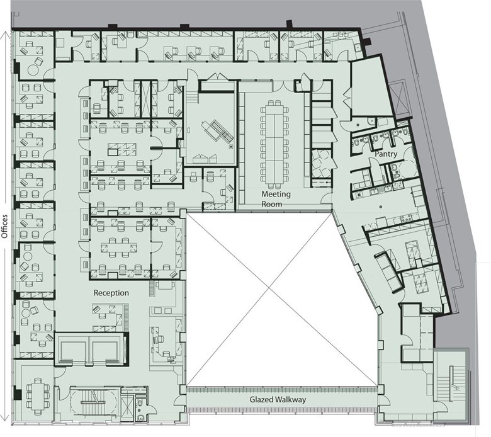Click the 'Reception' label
[111, 293]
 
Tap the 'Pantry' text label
[386, 154]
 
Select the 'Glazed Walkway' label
[278, 400]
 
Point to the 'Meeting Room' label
[276, 199]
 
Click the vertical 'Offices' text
[4, 227]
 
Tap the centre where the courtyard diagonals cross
[269, 288]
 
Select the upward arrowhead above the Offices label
[4, 35]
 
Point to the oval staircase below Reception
[94, 401]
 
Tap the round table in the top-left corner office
[33, 70]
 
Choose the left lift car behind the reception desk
[73, 351]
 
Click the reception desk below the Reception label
[108, 317]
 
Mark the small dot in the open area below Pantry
[381, 207]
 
